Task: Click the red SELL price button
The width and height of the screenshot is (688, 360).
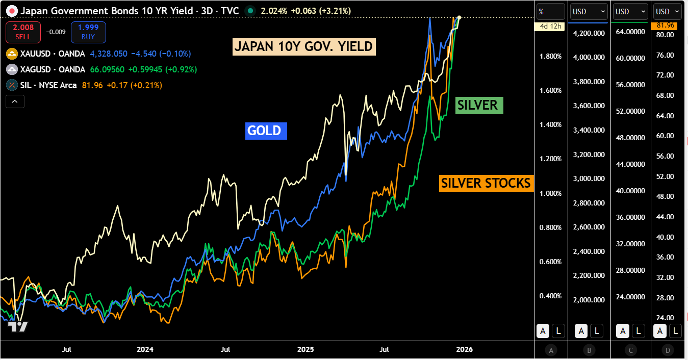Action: click(x=23, y=32)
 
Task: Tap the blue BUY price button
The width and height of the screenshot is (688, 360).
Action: click(x=88, y=32)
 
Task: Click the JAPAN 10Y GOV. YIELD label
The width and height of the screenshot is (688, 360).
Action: click(x=304, y=47)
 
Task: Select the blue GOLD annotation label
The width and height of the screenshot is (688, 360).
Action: click(x=264, y=131)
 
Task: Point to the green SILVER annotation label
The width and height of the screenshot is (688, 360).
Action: click(x=477, y=105)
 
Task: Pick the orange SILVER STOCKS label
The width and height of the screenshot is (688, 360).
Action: click(x=486, y=183)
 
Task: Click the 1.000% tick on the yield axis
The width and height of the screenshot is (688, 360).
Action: click(x=550, y=193)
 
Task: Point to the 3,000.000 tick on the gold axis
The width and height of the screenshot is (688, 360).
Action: click(x=590, y=178)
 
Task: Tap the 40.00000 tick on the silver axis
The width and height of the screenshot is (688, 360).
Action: click(x=631, y=191)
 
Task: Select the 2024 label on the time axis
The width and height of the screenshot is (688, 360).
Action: click(x=145, y=349)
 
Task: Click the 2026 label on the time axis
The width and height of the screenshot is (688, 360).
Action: click(x=465, y=349)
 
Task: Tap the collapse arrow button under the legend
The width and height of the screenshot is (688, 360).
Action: click(x=15, y=101)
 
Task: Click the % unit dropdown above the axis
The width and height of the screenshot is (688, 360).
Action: click(x=550, y=11)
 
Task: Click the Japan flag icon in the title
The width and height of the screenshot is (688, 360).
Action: click(x=11, y=11)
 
